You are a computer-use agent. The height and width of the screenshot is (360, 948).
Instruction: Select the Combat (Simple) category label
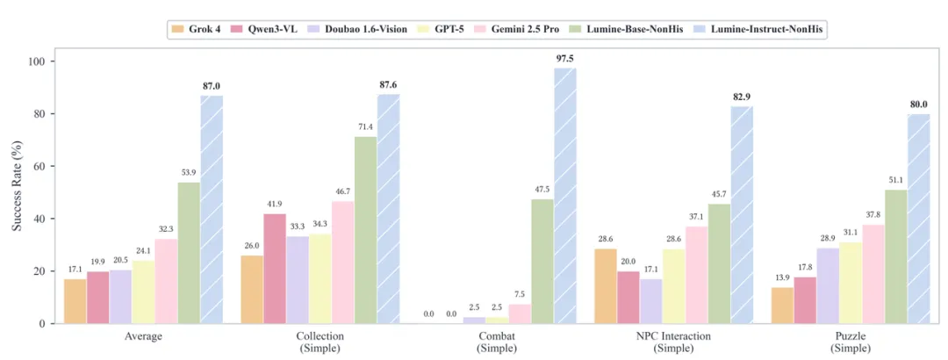pyautogui.click(x=496, y=342)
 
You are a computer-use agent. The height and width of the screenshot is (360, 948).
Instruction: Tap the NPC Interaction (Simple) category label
pyautogui.click(x=673, y=342)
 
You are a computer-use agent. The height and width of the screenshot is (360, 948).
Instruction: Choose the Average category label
pyautogui.click(x=143, y=336)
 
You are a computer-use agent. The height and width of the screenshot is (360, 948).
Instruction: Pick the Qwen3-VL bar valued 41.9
pyautogui.click(x=276, y=269)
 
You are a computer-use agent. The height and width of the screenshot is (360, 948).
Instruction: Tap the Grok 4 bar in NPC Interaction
pyautogui.click(x=606, y=286)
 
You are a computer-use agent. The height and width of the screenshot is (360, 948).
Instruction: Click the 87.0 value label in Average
pyautogui.click(x=211, y=85)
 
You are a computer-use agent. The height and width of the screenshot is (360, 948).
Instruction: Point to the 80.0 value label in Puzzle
pyautogui.click(x=918, y=104)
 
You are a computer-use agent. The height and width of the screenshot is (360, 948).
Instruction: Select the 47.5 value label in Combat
pyautogui.click(x=542, y=189)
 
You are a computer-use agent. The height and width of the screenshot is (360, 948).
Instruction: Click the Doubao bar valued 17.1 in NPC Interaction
pyautogui.click(x=650, y=301)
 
